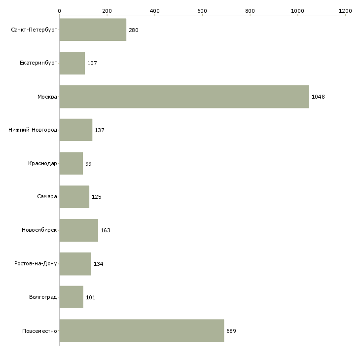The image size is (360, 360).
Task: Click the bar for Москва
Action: (x=184, y=97)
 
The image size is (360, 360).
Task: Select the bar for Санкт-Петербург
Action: (x=93, y=30)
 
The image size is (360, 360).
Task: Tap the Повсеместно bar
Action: (x=142, y=331)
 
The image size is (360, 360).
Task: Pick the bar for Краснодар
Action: (x=71, y=163)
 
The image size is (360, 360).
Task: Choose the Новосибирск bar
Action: (x=78, y=230)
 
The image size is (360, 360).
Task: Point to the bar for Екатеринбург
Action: (x=72, y=63)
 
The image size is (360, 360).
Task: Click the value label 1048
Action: (x=318, y=97)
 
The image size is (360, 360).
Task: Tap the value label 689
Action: (x=231, y=331)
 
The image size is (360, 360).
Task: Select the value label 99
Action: (x=88, y=164)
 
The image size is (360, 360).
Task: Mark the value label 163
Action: (x=106, y=230)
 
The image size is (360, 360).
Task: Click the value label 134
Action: (x=99, y=264)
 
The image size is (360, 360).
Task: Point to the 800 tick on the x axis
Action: (x=250, y=10)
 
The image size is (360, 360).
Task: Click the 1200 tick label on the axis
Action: (x=345, y=10)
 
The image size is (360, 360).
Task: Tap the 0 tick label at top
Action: (x=60, y=10)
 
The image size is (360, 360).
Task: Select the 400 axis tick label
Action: (x=155, y=10)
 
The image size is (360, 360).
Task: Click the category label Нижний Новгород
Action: (x=33, y=130)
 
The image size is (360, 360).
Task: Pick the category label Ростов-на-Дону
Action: (x=36, y=264)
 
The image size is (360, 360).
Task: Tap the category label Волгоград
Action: (x=43, y=297)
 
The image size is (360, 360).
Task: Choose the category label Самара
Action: (x=47, y=197)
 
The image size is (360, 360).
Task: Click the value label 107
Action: (x=92, y=63)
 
